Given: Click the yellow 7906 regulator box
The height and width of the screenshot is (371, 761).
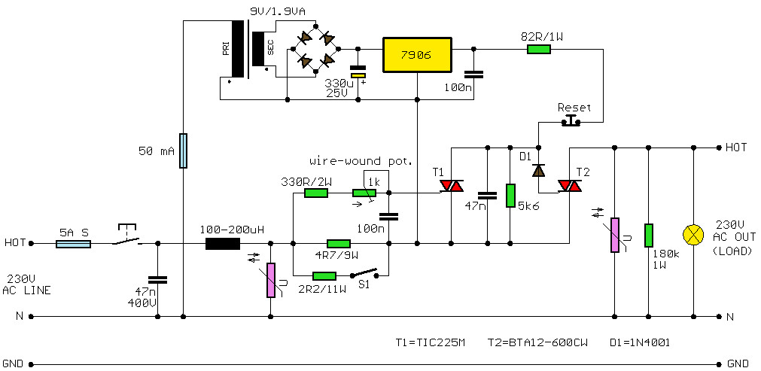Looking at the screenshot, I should (x=417, y=54).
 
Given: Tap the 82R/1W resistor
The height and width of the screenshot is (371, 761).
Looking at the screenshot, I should (x=538, y=50).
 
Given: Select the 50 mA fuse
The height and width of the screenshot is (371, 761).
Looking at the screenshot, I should (x=183, y=151).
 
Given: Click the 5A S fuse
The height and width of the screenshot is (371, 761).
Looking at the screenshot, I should (x=75, y=243).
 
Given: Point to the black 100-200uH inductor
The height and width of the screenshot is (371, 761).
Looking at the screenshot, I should (x=223, y=243).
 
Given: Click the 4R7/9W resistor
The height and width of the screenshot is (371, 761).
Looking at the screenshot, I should (x=339, y=243).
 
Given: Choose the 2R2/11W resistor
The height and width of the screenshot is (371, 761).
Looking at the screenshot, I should (x=324, y=275).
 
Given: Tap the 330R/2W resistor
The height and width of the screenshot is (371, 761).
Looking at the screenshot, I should (x=316, y=193).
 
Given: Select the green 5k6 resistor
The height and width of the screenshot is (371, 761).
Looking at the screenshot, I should (x=510, y=195).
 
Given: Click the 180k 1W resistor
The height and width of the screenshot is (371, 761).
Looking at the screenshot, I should (x=648, y=235).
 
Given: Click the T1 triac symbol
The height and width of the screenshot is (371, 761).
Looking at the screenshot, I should (x=452, y=186).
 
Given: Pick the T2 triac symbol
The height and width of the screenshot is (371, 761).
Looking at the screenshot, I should (x=569, y=186).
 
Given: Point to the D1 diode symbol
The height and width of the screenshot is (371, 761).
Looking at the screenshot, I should (x=538, y=170).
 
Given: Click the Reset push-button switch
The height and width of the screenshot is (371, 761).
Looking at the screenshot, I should (x=574, y=120).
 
